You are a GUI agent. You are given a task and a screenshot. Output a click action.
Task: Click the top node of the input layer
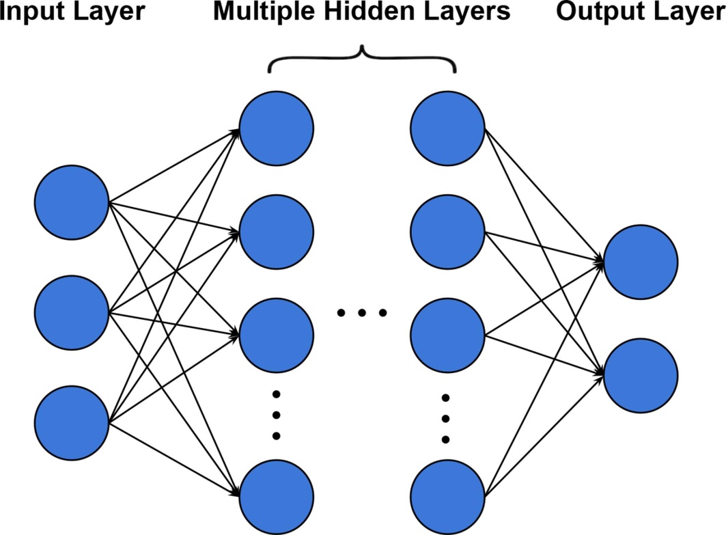(x=72, y=202)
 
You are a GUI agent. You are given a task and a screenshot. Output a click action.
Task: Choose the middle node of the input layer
(x=72, y=312)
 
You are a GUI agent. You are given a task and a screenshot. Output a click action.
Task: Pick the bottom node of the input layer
(x=72, y=422)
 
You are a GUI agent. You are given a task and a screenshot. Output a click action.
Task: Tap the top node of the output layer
(x=641, y=261)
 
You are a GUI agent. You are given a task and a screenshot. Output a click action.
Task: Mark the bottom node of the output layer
(x=641, y=376)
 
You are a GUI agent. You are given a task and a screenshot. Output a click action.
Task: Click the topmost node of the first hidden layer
(x=277, y=128)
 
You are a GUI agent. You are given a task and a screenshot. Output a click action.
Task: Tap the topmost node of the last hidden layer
(x=448, y=128)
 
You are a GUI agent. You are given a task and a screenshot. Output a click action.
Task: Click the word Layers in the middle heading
(x=473, y=12)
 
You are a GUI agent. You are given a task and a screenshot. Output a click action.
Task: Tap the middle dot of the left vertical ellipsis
(x=277, y=415)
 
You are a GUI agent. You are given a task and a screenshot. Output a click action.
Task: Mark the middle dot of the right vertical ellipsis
(x=446, y=418)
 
